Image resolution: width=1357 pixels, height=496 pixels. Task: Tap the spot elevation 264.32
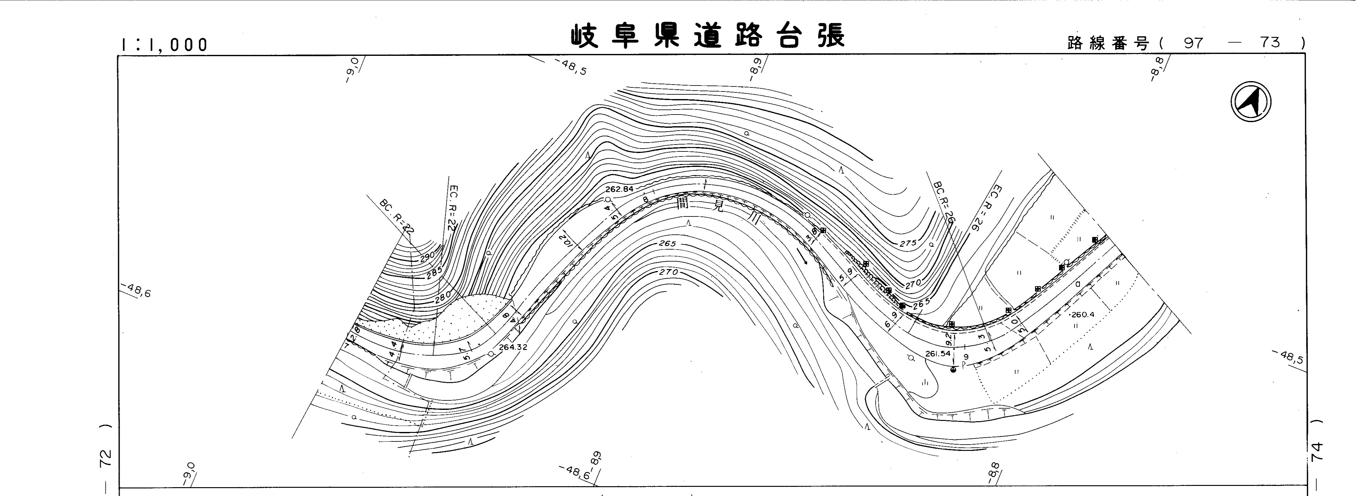click(x=513, y=347)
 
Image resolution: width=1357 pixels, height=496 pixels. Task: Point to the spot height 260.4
click(x=1084, y=315)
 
